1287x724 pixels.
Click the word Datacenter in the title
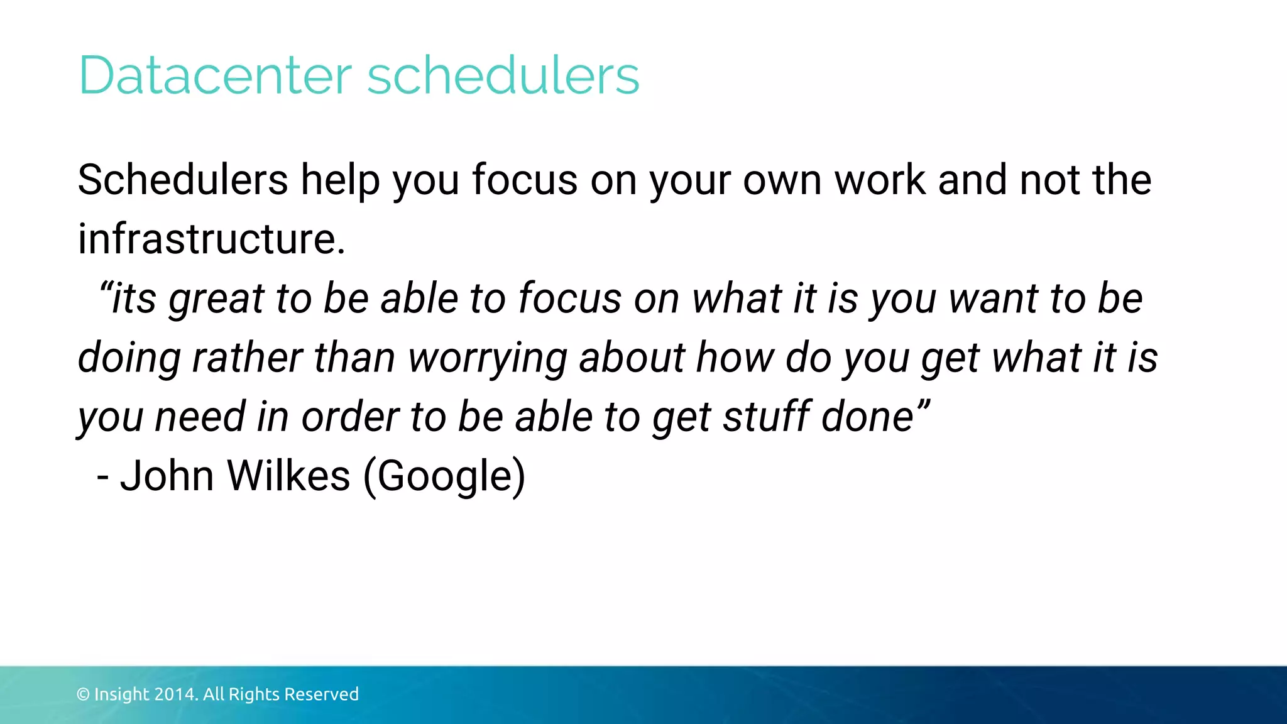[x=214, y=75]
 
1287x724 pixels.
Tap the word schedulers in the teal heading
[x=503, y=75]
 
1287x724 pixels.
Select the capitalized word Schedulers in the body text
[x=182, y=180]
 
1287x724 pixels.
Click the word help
[x=340, y=181]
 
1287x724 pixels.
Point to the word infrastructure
[x=211, y=239]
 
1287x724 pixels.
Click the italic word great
[x=216, y=299]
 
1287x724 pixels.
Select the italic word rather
[x=247, y=358]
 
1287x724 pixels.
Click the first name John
[x=167, y=476]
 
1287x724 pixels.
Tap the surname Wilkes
[x=288, y=476]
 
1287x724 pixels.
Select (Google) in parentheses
[x=444, y=477]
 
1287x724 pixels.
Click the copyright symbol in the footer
[x=83, y=694]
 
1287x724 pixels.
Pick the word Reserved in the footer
[x=321, y=694]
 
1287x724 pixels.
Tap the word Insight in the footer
[x=122, y=694]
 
